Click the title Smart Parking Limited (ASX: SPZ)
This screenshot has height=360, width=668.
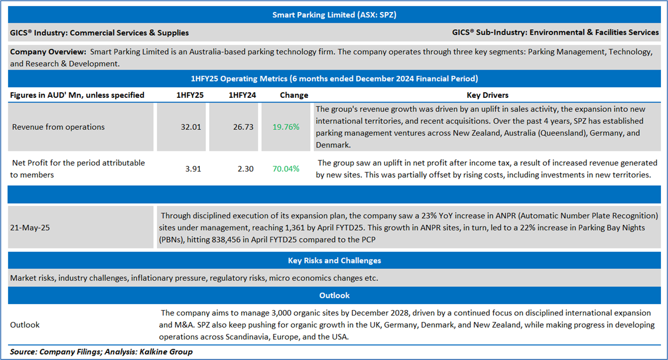tap(334, 15)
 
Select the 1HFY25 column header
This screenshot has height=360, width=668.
tap(190, 95)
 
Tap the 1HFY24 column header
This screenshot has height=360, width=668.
tap(242, 95)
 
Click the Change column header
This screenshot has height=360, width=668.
tap(294, 95)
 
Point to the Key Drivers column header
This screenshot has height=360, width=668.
tap(488, 95)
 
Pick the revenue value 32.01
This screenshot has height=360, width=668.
tap(191, 127)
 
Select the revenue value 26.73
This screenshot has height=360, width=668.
tap(243, 127)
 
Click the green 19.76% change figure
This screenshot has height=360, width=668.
tap(286, 127)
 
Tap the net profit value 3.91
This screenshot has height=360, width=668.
tap(193, 169)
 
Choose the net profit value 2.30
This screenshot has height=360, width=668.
tap(245, 169)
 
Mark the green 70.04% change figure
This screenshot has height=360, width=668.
tap(286, 169)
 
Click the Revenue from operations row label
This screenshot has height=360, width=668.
tap(58, 127)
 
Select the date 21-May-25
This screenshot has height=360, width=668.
tap(30, 228)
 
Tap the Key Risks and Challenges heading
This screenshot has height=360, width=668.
tap(334, 261)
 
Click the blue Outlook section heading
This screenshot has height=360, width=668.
tap(334, 295)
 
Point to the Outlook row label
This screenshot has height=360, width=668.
tap(25, 325)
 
